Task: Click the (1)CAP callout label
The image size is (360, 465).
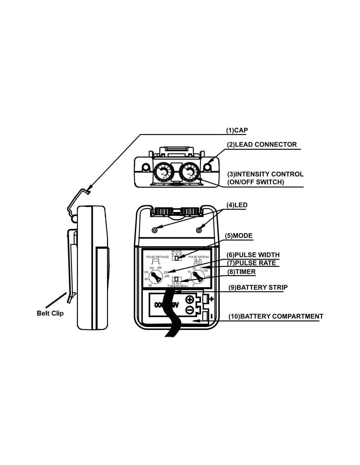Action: [x=237, y=130]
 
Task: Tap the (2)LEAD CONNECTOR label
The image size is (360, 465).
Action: [x=262, y=145]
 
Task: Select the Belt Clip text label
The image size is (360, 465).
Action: [x=50, y=313]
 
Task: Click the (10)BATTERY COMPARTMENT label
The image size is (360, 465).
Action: [x=276, y=316]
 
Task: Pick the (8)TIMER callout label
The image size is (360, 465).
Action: [x=241, y=271]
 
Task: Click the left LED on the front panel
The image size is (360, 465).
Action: [x=154, y=230]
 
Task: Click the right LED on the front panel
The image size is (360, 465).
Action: [x=199, y=230]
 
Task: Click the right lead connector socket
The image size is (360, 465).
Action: [x=207, y=167]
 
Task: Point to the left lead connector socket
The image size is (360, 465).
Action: [x=144, y=167]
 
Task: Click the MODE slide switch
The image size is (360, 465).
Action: [x=177, y=258]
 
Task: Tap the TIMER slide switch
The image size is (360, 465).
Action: [x=177, y=279]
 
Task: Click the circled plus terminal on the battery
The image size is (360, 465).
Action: [x=189, y=299]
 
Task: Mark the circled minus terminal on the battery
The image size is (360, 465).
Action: [x=189, y=310]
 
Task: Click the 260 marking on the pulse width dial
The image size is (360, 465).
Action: [x=167, y=276]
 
